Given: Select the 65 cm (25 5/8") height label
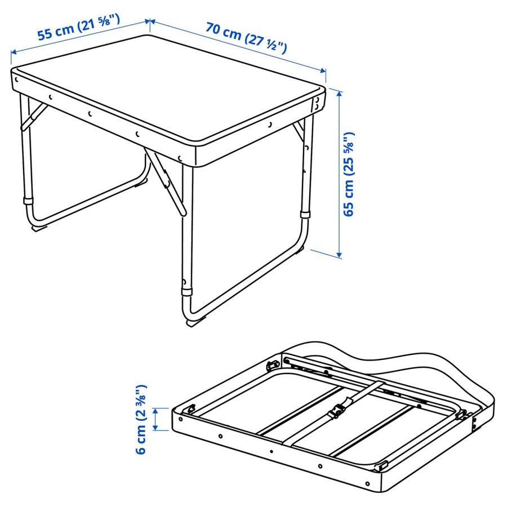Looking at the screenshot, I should tap(350, 175).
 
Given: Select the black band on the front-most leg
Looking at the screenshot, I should tap(186, 291).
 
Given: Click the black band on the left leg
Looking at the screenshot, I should tap(28, 201).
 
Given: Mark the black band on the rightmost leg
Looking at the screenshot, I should tap(306, 215).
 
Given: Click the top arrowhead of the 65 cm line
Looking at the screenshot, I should tap(339, 92).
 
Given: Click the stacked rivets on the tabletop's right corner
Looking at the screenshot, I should tap(318, 102).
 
